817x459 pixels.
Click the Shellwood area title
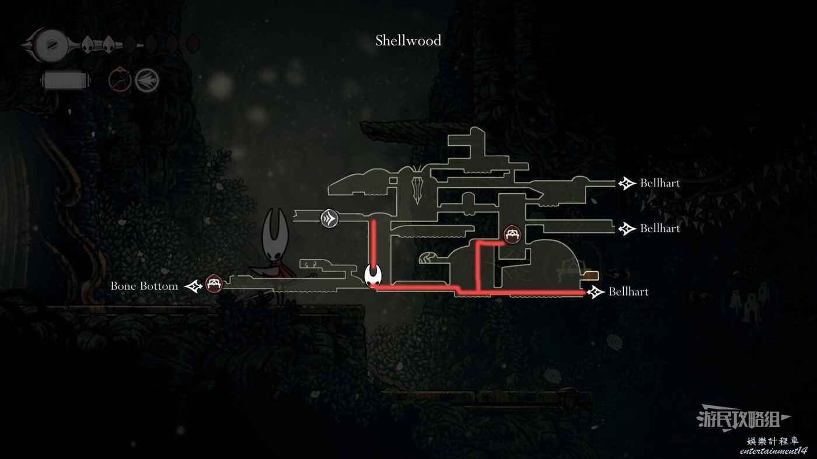click(x=408, y=40)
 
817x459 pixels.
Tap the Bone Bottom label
click(x=145, y=286)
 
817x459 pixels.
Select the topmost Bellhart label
click(x=660, y=183)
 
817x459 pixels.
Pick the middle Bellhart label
click(x=660, y=229)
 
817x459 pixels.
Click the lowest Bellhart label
click(x=629, y=292)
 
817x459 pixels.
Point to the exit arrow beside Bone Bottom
click(x=193, y=286)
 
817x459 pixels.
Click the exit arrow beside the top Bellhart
click(x=627, y=183)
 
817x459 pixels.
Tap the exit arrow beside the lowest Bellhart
click(x=595, y=292)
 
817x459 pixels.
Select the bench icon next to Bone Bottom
click(x=214, y=283)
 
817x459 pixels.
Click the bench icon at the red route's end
click(x=512, y=234)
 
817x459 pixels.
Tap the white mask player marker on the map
click(x=373, y=276)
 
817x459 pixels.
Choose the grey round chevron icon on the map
click(x=329, y=219)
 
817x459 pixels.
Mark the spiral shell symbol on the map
click(x=427, y=258)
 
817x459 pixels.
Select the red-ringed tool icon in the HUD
click(x=120, y=79)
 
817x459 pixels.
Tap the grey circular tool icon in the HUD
click(x=147, y=80)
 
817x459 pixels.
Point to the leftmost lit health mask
click(x=87, y=45)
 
